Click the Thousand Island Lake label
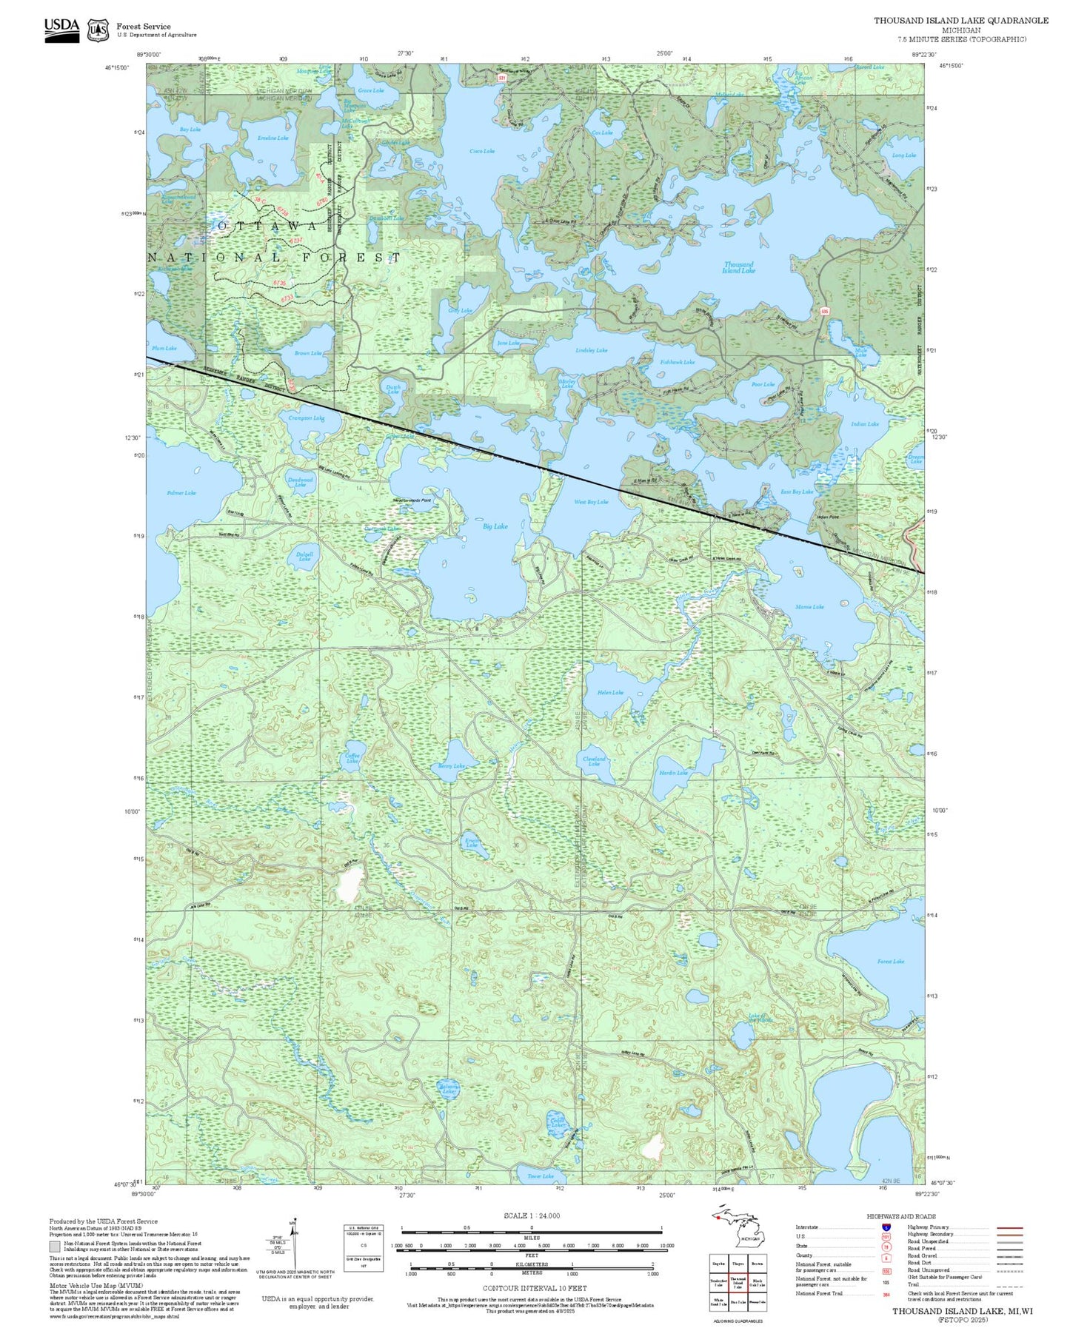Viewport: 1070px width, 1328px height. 738,267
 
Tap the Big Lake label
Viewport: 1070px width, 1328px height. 495,526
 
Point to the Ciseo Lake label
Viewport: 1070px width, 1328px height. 482,151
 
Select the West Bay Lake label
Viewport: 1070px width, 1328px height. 591,502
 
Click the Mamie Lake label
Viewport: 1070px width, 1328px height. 809,607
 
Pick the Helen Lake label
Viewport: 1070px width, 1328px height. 610,693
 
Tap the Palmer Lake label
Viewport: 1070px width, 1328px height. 181,493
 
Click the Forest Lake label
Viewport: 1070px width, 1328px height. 890,962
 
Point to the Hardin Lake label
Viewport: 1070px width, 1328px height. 673,773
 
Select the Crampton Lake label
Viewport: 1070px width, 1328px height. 306,418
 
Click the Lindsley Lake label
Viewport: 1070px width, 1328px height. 591,350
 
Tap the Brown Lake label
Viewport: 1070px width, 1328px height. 307,354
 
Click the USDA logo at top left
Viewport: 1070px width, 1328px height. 61,28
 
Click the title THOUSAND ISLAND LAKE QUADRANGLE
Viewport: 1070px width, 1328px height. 960,20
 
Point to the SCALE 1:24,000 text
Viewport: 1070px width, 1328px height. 532,1215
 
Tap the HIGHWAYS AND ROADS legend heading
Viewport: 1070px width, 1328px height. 901,1216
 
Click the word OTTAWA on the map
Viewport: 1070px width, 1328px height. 269,225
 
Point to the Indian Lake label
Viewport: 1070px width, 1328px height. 864,424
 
